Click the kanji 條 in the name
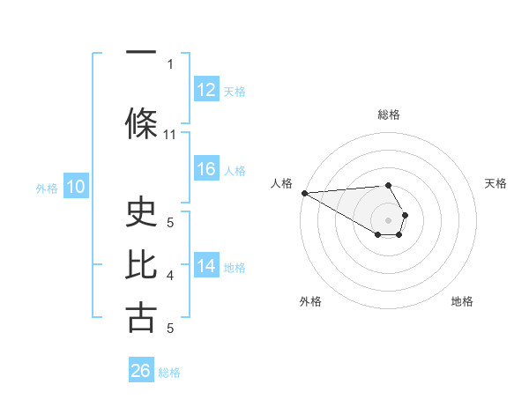(x=142, y=123)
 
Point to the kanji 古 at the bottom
(x=142, y=317)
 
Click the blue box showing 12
(x=206, y=90)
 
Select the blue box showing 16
(x=206, y=169)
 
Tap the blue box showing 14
(x=206, y=266)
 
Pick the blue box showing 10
(x=76, y=187)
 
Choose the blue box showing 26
(x=141, y=371)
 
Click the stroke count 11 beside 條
(x=170, y=135)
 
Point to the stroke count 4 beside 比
(x=170, y=276)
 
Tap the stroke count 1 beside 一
(x=170, y=63)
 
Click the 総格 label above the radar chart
(x=388, y=115)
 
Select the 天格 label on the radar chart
(x=496, y=183)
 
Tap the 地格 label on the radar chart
(x=462, y=301)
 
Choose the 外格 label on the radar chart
(x=310, y=301)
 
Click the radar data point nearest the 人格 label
(x=304, y=193)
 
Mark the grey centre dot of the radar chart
(x=388, y=219)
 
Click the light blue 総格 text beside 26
(x=169, y=372)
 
